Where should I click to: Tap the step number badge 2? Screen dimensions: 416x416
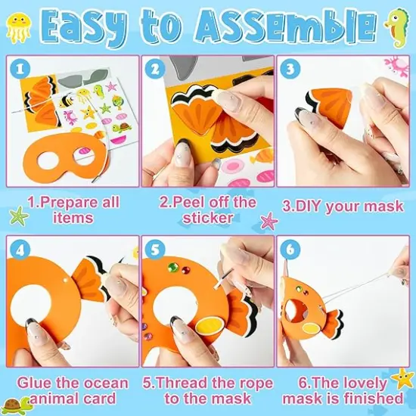pyautogui.click(x=156, y=68)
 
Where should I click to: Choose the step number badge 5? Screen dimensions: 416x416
pyautogui.click(x=155, y=248)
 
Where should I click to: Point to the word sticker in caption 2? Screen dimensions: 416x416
pyautogui.click(x=207, y=219)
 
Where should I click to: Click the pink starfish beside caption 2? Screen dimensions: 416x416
pyautogui.click(x=269, y=221)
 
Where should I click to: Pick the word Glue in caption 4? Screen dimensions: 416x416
pyautogui.click(x=34, y=382)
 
